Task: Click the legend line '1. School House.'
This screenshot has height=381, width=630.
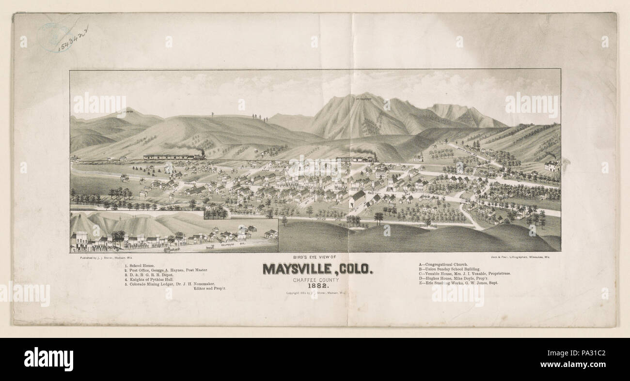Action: tap(140, 265)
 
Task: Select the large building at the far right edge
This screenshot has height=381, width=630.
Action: tap(552, 166)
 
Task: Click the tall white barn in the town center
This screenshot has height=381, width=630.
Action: tap(357, 199)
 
